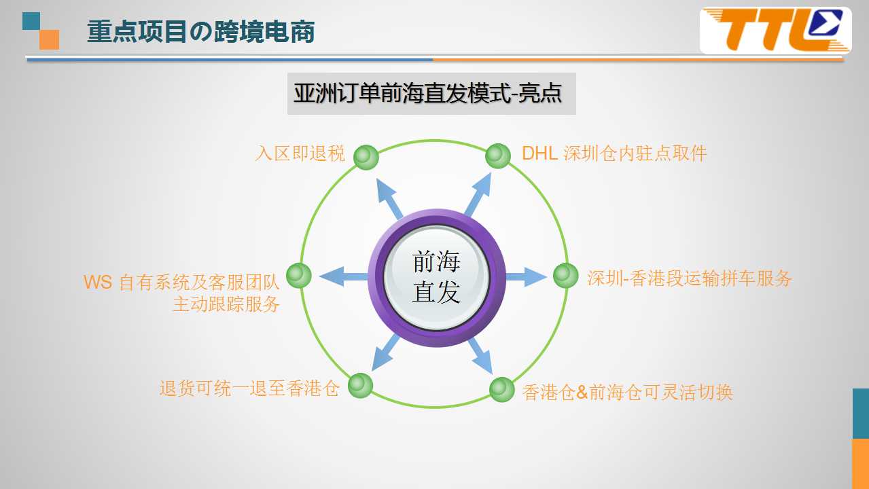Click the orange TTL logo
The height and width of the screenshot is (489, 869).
click(775, 31)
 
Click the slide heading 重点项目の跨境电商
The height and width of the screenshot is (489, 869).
click(201, 31)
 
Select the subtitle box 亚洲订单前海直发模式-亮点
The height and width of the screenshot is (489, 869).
click(431, 94)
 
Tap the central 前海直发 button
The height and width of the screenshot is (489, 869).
click(436, 277)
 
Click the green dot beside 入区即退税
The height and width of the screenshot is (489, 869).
click(366, 157)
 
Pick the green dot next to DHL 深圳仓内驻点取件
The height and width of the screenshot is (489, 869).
click(498, 156)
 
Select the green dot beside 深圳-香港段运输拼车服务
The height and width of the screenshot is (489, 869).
click(565, 276)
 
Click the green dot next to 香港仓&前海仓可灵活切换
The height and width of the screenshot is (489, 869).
click(501, 389)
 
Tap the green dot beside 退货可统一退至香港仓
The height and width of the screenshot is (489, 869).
click(360, 386)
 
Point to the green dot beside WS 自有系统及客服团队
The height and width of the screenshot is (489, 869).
click(299, 275)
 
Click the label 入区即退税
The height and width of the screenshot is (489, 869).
click(300, 153)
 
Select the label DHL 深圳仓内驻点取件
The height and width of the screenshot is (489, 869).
click(614, 153)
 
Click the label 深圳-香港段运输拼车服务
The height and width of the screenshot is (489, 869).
click(689, 278)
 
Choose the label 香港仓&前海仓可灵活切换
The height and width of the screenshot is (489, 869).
click(627, 392)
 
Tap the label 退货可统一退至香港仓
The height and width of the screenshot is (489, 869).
click(250, 388)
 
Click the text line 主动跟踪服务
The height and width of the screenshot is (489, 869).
click(226, 304)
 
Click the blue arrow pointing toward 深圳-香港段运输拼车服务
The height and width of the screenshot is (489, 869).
click(526, 276)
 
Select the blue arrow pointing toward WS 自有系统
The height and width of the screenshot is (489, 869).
click(344, 276)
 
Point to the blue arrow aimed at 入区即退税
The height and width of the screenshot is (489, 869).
click(389, 198)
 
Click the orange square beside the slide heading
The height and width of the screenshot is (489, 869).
click(50, 40)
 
